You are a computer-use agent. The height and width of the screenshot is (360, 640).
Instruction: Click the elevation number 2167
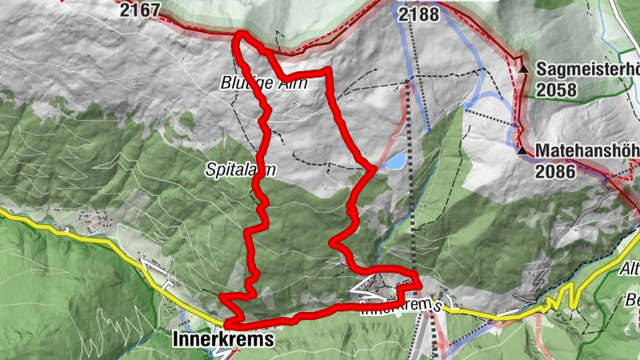(x=139, y=10)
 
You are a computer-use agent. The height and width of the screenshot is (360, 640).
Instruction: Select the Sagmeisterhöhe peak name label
(x=588, y=70)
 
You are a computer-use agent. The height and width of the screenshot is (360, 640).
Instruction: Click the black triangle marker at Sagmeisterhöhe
(x=523, y=70)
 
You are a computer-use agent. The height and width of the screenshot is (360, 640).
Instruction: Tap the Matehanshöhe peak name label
(x=588, y=150)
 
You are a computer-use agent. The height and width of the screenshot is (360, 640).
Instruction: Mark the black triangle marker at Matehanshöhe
(x=522, y=150)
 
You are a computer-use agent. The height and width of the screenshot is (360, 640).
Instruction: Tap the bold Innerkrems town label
(x=223, y=339)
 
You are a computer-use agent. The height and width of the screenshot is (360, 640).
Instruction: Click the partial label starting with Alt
(x=630, y=270)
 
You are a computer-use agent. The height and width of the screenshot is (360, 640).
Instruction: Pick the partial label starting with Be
(x=631, y=301)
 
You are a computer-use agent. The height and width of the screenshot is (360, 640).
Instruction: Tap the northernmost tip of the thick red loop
(x=240, y=34)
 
